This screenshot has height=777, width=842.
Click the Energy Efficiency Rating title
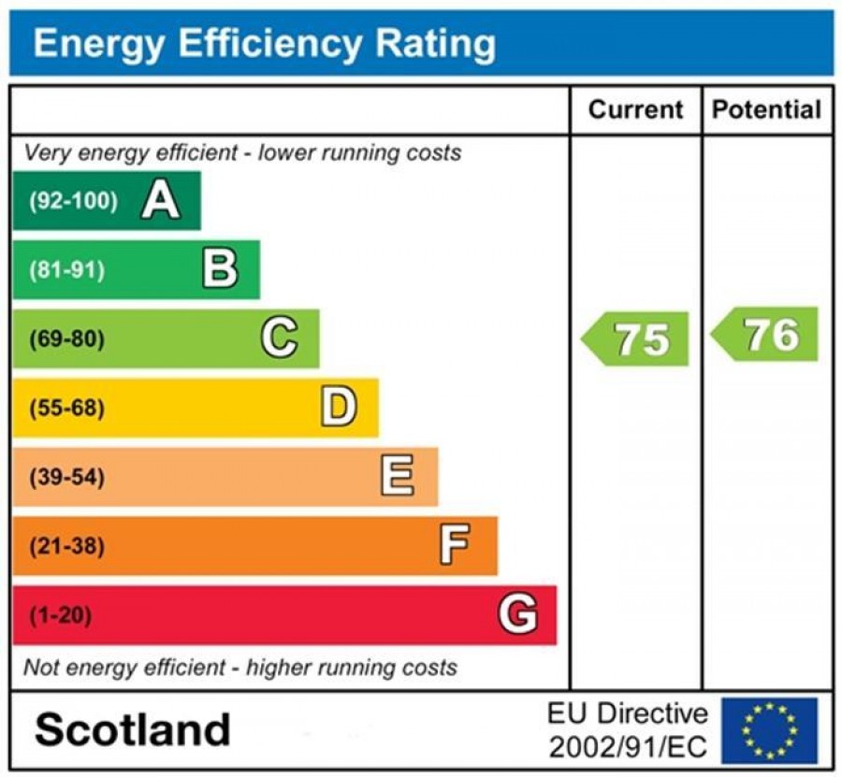point(264,44)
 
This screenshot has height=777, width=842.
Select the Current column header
point(635,110)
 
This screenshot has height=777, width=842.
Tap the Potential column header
point(766,110)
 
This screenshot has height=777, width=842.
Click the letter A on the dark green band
point(160,200)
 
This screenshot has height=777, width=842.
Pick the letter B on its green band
point(220,269)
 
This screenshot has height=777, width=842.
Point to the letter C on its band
point(279,338)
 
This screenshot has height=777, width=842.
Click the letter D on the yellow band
point(339,408)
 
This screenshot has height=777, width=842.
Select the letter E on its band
point(397,477)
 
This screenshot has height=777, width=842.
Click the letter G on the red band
point(517,615)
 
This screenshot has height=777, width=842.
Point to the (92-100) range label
point(74,201)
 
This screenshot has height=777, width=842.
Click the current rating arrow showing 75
point(636,339)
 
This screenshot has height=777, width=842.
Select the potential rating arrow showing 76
point(766,335)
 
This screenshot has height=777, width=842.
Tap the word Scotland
point(132,730)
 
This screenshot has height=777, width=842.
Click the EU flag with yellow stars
point(769,730)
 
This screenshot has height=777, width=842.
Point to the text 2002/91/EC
point(628,747)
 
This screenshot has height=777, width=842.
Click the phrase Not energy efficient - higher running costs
point(240,668)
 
